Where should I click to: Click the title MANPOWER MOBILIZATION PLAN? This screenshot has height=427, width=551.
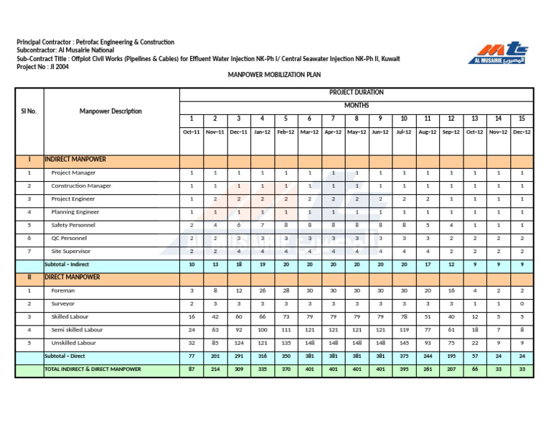(274, 75)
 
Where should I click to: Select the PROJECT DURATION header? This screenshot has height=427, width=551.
(356, 93)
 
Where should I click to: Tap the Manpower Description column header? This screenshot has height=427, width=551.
(110, 111)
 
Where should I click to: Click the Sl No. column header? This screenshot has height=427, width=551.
(29, 111)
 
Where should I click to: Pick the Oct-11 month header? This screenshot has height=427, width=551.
(192, 132)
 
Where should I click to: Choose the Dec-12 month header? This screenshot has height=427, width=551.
(522, 132)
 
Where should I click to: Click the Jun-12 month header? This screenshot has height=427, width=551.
(380, 132)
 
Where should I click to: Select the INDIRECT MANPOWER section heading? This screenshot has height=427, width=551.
(75, 159)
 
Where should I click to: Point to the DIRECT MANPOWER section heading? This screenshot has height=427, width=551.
(72, 277)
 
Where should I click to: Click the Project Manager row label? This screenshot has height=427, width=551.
(73, 173)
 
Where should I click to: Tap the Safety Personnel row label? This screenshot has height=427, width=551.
(73, 225)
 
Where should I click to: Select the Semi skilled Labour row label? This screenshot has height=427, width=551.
(77, 330)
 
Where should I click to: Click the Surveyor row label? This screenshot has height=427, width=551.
(63, 304)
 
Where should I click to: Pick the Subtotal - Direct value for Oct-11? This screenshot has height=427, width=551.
(192, 356)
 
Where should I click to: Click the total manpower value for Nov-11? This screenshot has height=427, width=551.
(215, 369)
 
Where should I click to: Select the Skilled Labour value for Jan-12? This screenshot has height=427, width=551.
(262, 317)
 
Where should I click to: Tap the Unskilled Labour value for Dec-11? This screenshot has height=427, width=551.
(238, 343)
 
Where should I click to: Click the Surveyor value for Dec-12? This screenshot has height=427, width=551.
(522, 304)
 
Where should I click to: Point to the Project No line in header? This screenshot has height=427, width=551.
(43, 67)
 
